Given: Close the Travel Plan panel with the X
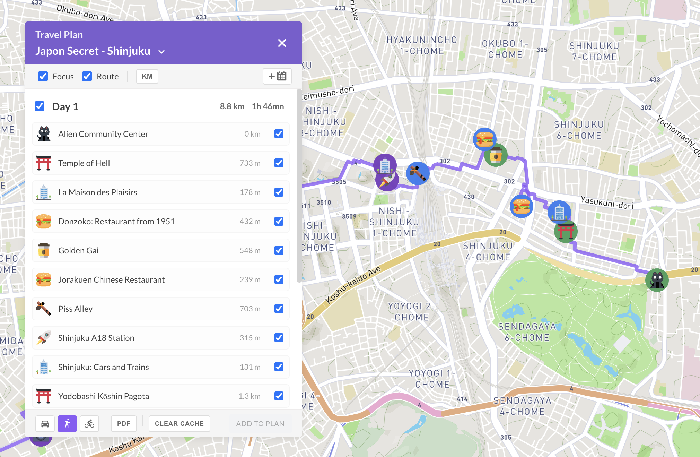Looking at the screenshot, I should [x=282, y=43].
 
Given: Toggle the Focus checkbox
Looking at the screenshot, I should [x=43, y=76].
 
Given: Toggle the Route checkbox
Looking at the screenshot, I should [x=87, y=76].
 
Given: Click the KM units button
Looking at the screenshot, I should [x=147, y=76].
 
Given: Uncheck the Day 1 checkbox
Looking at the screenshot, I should [x=40, y=106].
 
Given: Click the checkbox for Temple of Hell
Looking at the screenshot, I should [x=279, y=163].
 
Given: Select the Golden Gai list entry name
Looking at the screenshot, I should [x=78, y=250].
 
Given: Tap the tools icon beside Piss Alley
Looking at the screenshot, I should [x=44, y=309].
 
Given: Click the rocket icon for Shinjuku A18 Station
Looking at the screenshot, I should [x=44, y=338].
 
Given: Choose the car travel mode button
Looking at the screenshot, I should [x=45, y=424].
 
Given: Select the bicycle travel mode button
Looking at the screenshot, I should [x=89, y=424].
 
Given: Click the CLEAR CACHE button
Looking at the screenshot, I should [x=179, y=424].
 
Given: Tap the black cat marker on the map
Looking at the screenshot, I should [x=657, y=280].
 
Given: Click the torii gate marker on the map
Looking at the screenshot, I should [x=566, y=231].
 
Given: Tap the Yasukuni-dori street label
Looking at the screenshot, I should [x=607, y=202].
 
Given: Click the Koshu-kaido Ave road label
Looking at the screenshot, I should [x=353, y=285].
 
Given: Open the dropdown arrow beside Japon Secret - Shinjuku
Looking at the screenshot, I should [x=161, y=52].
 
